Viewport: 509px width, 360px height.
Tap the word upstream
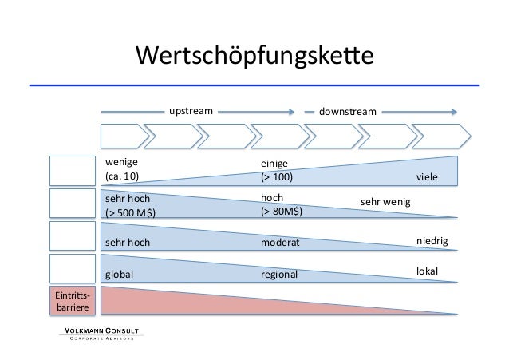pos(190,111)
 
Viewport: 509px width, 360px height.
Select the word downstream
pos(347,112)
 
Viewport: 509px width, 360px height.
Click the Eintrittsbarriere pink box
pos(71,299)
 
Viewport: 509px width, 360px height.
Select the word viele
pos(428,176)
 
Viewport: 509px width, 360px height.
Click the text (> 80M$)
pos(282,212)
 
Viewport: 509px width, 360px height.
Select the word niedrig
pos(433,240)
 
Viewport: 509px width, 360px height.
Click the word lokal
pos(428,272)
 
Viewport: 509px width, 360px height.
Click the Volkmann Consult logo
pos(101,333)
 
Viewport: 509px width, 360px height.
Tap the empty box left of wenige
pos(71,170)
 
